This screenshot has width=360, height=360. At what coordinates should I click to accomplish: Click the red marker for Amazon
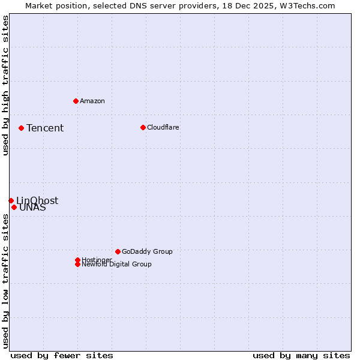pyautogui.click(x=76, y=101)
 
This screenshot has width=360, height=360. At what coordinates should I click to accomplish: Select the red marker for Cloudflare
pyautogui.click(x=143, y=127)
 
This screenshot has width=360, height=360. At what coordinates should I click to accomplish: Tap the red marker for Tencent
pyautogui.click(x=21, y=128)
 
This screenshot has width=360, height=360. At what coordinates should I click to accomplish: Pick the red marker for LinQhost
pyautogui.click(x=11, y=200)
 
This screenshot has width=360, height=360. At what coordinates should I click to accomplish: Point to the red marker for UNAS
pyautogui.click(x=14, y=207)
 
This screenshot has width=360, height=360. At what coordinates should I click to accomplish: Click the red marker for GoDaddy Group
pyautogui.click(x=118, y=251)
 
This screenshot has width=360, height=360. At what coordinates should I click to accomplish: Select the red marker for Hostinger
pyautogui.click(x=77, y=260)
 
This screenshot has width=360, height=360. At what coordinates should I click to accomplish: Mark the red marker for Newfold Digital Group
pyautogui.click(x=77, y=264)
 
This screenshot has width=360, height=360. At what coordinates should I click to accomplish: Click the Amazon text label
pyautogui.click(x=92, y=101)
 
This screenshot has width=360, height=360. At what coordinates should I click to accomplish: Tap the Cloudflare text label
pyautogui.click(x=163, y=127)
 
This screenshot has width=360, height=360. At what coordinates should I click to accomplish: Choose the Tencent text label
pyautogui.click(x=45, y=128)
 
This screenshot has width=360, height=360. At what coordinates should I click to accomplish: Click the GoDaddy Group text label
pyautogui.click(x=147, y=251)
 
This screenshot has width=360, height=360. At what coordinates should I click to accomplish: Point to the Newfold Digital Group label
pyautogui.click(x=117, y=265)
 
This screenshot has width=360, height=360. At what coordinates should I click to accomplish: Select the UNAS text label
pyautogui.click(x=32, y=208)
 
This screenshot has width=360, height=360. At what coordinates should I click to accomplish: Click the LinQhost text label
pyautogui.click(x=37, y=200)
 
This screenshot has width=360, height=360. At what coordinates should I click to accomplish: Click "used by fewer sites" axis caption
pyautogui.click(x=62, y=355)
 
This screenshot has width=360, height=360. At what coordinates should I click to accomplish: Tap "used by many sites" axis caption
pyautogui.click(x=301, y=355)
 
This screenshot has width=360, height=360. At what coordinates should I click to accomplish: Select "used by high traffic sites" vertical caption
pyautogui.click(x=5, y=86)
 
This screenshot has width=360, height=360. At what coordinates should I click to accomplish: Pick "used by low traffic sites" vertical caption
pyautogui.click(x=5, y=281)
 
